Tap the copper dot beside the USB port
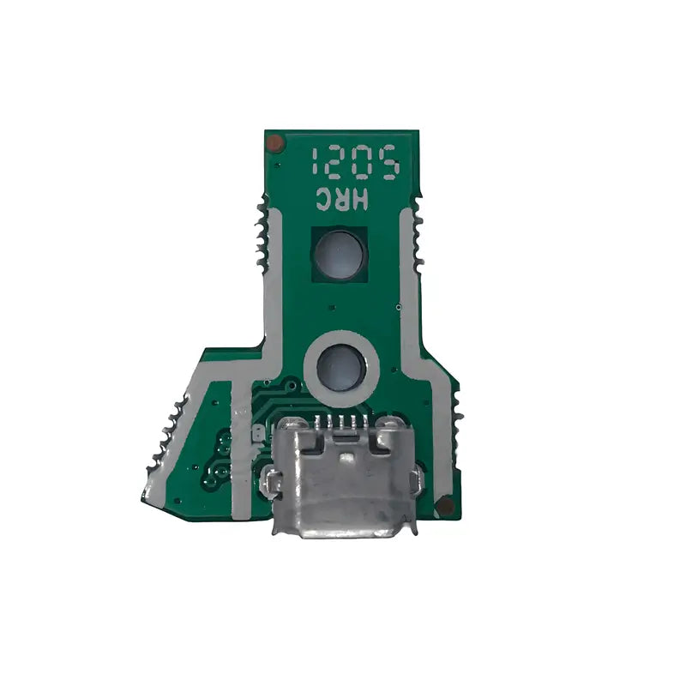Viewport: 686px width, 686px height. point(444,506)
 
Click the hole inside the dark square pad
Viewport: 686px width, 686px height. point(340,254)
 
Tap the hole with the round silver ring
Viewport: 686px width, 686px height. point(340,366)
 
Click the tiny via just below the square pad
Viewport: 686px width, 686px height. point(330,305)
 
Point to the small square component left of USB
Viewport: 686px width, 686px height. point(256,432)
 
